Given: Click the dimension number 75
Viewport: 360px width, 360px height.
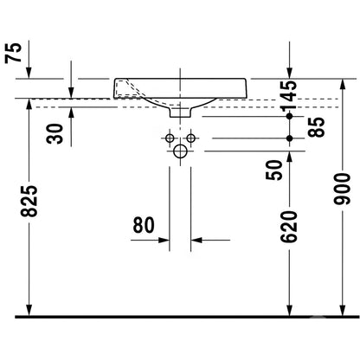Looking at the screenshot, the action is click(13, 53).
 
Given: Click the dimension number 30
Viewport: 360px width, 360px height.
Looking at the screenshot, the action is click(55, 134).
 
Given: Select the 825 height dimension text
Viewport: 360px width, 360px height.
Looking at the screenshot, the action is click(29, 201).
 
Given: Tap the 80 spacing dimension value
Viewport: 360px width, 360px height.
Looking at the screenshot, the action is click(144, 225).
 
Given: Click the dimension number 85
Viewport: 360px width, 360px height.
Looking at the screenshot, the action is click(316, 127).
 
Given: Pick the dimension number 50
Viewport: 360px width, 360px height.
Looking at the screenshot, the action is click(273, 170).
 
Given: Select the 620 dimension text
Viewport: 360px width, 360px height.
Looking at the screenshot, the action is click(289, 227).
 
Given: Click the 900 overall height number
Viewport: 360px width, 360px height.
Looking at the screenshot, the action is click(342, 189).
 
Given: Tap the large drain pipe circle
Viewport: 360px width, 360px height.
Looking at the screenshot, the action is click(180, 151).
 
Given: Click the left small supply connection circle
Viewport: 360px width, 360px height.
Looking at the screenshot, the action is click(170, 138).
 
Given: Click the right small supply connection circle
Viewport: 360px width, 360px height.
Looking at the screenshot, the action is click(190, 138).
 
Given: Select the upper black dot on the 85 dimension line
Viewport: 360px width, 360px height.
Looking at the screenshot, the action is click(290, 116).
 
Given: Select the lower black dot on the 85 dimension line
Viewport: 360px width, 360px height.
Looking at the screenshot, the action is click(290, 138).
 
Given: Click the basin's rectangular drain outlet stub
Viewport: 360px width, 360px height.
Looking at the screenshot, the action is click(180, 112).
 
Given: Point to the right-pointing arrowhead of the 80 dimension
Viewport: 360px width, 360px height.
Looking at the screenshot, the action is click(164, 240).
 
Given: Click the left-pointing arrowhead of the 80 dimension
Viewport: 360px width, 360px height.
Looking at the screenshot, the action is click(196, 240).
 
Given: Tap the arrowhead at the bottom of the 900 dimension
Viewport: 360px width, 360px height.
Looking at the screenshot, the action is click(343, 311).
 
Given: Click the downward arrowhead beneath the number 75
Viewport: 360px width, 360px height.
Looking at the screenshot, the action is click(29, 73).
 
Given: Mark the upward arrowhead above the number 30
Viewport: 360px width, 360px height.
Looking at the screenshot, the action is click(71, 112).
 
